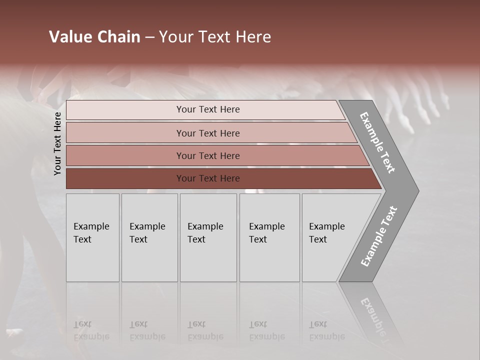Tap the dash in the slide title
point(149,37)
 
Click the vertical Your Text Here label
point(57,143)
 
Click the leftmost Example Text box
point(92,237)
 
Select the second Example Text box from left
point(149,237)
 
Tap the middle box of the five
point(208,237)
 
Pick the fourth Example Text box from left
point(269,237)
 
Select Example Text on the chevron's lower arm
point(379,236)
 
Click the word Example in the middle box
point(205,226)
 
